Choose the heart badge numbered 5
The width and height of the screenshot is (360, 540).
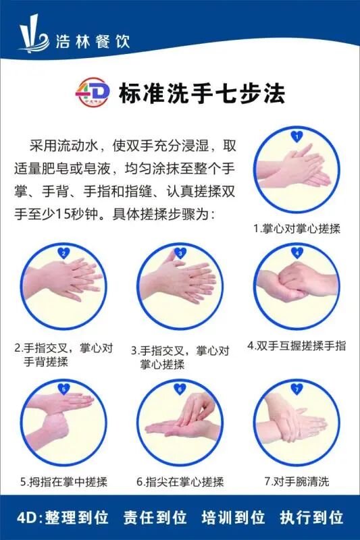coord(64,388)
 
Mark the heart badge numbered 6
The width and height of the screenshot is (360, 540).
coord(180,388)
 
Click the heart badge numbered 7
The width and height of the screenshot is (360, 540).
coord(296,388)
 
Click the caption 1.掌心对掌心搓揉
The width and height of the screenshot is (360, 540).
coord(297,228)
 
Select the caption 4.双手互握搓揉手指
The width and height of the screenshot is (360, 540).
coord(297,346)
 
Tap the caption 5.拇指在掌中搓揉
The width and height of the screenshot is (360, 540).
coord(64,482)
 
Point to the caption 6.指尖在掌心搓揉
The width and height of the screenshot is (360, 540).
coord(180,482)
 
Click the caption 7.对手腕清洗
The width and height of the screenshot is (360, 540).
coord(297,482)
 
